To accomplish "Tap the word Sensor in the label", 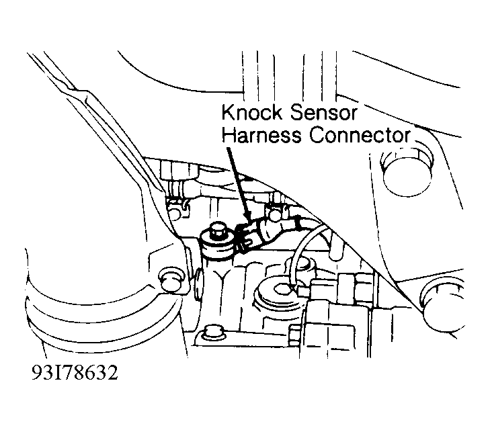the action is click(x=323, y=113).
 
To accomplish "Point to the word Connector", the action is click(x=360, y=135).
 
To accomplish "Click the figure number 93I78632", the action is click(x=75, y=372).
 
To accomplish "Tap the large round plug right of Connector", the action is click(x=407, y=174).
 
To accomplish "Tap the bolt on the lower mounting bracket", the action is click(x=213, y=332).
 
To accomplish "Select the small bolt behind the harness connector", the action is click(x=274, y=213).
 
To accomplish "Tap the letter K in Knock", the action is click(x=228, y=113).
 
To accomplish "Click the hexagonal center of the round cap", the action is click(x=283, y=289).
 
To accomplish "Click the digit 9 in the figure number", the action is click(x=37, y=372).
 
